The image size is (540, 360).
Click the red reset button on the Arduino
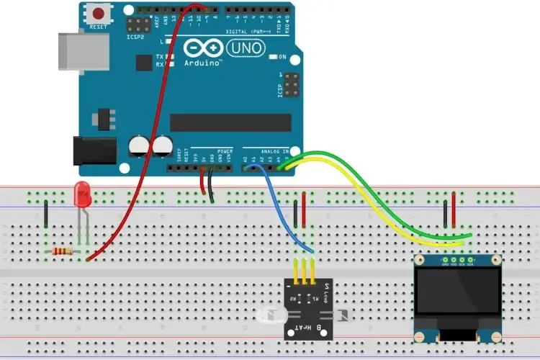point(98,13)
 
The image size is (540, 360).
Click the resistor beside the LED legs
point(63,251)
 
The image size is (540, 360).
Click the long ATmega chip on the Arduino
point(230,123)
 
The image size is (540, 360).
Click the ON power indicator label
point(283,57)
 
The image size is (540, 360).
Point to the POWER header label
point(225,152)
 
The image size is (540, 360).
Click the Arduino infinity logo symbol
point(204,48)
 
